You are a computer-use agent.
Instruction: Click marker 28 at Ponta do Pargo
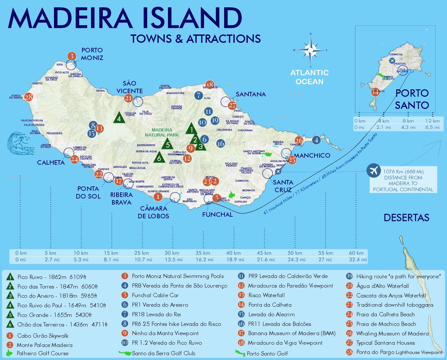point(29,97)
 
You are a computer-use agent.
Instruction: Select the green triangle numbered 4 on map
point(119,118)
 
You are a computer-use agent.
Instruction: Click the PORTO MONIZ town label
point(92,54)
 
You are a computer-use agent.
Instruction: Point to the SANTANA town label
point(251,94)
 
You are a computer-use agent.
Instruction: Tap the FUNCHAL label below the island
point(217,214)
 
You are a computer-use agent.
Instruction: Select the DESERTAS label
point(406,218)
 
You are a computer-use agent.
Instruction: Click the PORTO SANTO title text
point(412,99)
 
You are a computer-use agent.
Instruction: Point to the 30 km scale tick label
point(172,253)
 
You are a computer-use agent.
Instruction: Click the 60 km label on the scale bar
point(356,253)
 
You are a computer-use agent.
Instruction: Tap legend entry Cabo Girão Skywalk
point(42,335)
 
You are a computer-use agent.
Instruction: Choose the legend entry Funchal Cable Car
point(155,295)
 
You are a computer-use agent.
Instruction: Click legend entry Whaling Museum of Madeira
point(392,334)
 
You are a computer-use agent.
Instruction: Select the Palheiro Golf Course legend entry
point(42,353)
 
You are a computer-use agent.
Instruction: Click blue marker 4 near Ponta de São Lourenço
point(316,140)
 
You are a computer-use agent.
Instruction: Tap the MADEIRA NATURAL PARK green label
point(162,132)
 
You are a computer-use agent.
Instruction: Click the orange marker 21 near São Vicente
point(128,98)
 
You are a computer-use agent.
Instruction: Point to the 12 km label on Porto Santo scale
point(432,121)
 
